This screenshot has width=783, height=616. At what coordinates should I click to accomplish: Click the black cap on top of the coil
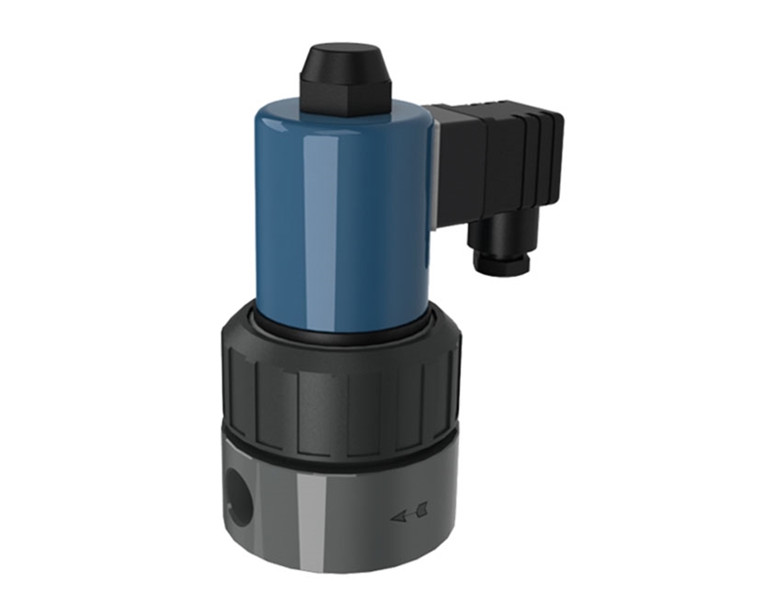pyautogui.click(x=345, y=73)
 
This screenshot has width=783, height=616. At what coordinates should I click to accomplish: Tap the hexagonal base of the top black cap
pyautogui.click(x=345, y=97)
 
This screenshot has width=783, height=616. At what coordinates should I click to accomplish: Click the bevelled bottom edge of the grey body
pyautogui.click(x=338, y=577)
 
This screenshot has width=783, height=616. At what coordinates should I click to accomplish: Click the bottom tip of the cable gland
pyautogui.click(x=502, y=269)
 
